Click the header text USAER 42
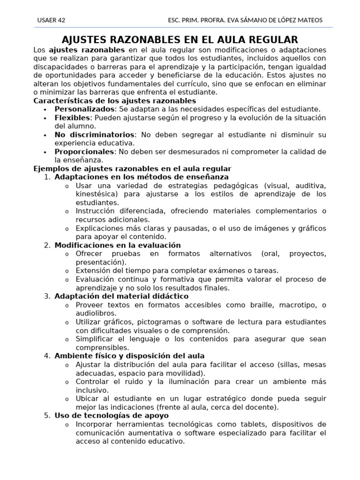pyautogui.click(x=51, y=20)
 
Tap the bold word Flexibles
pyautogui.click(x=72, y=118)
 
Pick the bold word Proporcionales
pyautogui.click(x=84, y=152)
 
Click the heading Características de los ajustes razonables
pyautogui.click(x=115, y=101)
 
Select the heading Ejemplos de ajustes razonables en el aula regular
pyautogui.click(x=132, y=169)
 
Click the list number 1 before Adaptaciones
pyautogui.click(x=47, y=177)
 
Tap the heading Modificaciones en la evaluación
pyautogui.click(x=117, y=245)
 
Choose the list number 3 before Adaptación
pyautogui.click(x=47, y=297)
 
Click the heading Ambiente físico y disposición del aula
pyautogui.click(x=129, y=356)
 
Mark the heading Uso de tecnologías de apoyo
pyautogui.click(x=112, y=416)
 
